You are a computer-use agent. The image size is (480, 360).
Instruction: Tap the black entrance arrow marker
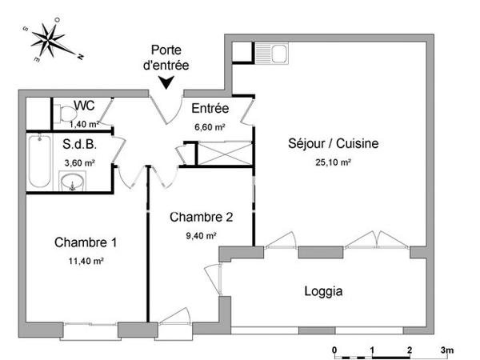(x=167, y=82)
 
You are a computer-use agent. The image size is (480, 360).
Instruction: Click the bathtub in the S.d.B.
(x=37, y=162)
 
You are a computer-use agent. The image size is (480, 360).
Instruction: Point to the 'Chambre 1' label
(x=79, y=242)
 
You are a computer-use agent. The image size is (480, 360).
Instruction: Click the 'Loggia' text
(x=324, y=291)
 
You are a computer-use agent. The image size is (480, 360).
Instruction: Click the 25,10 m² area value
(x=334, y=162)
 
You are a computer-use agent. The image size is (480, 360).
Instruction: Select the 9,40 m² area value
(x=201, y=235)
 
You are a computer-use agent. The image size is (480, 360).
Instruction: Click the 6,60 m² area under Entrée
(x=210, y=126)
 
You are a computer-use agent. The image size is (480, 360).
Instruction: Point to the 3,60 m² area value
(x=79, y=162)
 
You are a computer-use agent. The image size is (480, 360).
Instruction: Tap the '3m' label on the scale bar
(x=447, y=350)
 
